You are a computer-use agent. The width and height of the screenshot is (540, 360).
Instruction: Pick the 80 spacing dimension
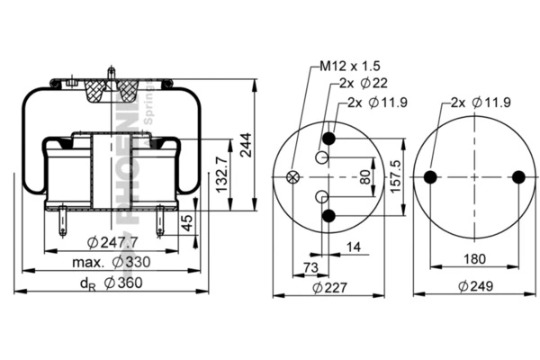click(x=364, y=177)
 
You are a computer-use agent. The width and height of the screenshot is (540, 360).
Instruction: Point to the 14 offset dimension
click(x=353, y=246)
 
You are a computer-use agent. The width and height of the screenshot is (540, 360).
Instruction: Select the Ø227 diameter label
click(x=328, y=287)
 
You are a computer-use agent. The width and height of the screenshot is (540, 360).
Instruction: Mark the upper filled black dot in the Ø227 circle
click(x=328, y=138)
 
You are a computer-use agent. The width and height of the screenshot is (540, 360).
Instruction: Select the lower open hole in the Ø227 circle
click(x=321, y=195)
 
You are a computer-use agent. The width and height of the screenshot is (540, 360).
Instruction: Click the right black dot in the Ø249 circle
click(x=517, y=176)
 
